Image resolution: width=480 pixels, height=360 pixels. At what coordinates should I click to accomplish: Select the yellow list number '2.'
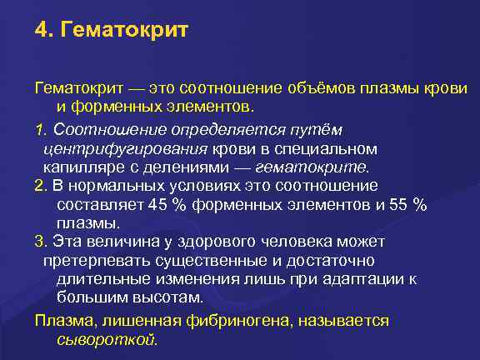[x=41, y=186]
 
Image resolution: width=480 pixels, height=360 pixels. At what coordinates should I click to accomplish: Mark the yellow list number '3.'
[x=41, y=242]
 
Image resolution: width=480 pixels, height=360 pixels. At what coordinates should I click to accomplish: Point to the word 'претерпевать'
[x=94, y=260]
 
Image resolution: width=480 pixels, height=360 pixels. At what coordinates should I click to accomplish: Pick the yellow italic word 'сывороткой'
[x=106, y=339]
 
